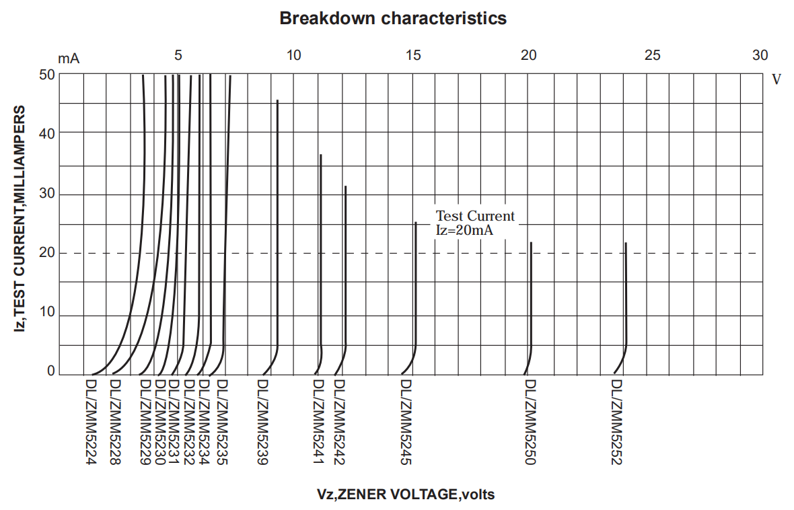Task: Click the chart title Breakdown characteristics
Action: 393,18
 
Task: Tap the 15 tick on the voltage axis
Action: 413,55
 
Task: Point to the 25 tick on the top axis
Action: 652,55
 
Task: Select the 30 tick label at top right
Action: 760,55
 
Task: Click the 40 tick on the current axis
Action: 46,133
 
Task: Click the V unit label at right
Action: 776,79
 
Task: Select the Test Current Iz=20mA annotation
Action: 474,223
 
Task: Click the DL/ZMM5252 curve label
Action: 617,422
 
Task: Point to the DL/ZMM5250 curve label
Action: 530,422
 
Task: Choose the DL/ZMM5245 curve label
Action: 406,422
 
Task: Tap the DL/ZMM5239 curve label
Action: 262,422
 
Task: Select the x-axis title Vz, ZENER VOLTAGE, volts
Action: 406,495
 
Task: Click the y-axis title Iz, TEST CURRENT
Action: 21,219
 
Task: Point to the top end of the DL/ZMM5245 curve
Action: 416,223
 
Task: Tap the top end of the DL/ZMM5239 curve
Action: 277,100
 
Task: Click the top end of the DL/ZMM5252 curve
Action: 626,243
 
